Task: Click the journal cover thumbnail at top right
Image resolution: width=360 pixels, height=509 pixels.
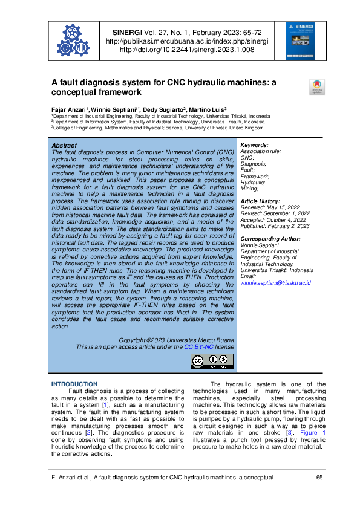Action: [301, 41]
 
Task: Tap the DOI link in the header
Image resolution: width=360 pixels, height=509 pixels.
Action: [187, 50]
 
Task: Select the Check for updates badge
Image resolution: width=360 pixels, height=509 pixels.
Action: [316, 87]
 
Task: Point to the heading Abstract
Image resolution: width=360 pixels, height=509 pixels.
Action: [65, 146]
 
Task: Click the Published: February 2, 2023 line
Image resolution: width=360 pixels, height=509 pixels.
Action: [275, 226]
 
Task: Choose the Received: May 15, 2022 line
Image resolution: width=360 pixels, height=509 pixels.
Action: [270, 207]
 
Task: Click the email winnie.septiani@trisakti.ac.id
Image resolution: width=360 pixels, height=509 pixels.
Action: [276, 282]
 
